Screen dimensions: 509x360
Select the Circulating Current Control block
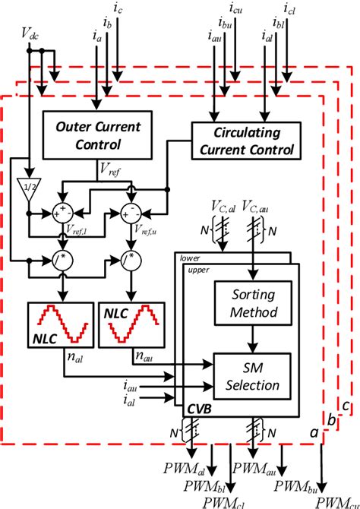[242, 140]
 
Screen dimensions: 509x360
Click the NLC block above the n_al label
[57, 324]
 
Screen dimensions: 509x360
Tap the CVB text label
[197, 409]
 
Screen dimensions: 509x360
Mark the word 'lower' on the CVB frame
[190, 258]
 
